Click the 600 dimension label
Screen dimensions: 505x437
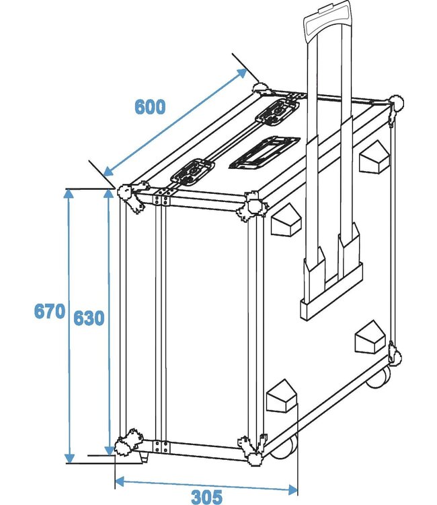[149, 107]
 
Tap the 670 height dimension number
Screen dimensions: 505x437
[50, 311]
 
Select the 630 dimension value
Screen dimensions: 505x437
[89, 318]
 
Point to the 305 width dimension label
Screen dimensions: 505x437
[206, 497]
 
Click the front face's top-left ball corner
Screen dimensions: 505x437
[130, 197]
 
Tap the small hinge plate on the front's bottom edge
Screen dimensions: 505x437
[159, 446]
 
